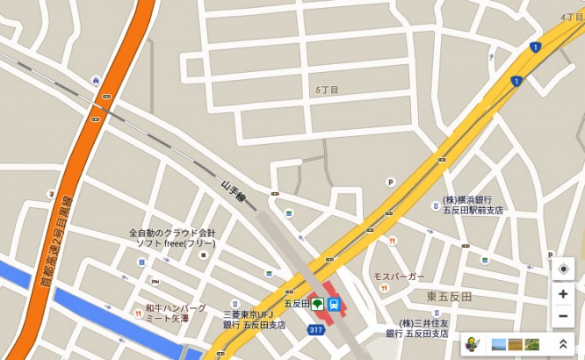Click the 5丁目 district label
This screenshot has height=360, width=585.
327,90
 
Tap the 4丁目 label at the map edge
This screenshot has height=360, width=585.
571,17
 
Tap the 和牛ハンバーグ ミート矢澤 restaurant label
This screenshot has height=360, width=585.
176,314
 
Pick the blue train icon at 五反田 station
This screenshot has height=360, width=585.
335,304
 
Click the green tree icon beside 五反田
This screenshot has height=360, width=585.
317,304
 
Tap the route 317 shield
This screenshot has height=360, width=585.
316,329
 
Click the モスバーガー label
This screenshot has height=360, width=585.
399,276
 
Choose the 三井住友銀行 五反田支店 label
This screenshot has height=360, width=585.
417,328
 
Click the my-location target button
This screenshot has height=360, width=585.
562,269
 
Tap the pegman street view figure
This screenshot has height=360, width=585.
472,343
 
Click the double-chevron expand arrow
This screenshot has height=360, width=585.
562,343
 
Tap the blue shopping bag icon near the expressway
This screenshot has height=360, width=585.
95,81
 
